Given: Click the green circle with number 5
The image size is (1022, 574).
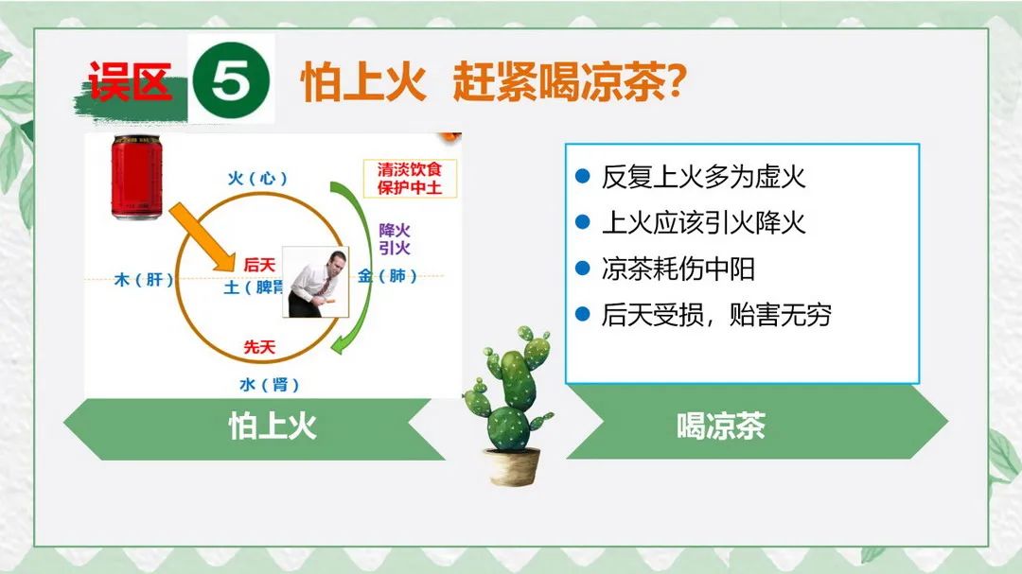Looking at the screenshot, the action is click(x=231, y=80).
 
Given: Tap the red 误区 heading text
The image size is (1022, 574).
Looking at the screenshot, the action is click(x=130, y=81).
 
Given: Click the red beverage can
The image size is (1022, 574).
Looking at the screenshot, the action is click(x=136, y=177).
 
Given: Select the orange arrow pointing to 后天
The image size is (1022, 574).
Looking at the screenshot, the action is click(x=203, y=236).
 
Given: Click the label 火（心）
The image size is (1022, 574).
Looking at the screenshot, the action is click(x=257, y=178).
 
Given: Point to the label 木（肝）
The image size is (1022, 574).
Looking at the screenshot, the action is click(x=144, y=280).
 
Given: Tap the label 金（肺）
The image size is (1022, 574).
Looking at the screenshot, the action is click(x=388, y=275).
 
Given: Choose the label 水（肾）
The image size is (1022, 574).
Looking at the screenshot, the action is click(x=270, y=385).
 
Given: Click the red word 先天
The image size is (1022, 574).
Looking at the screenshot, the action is click(x=259, y=347).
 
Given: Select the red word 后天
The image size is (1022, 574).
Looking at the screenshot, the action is click(x=259, y=265).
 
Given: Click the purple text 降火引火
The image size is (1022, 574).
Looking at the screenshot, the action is click(x=395, y=239).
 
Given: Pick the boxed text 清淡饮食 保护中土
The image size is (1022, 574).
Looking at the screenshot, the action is click(x=410, y=179).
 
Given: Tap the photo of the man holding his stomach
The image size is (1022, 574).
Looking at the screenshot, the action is click(x=315, y=282).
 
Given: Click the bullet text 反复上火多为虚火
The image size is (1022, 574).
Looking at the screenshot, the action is click(x=703, y=177).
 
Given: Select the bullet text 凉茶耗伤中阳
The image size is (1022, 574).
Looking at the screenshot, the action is click(x=678, y=269).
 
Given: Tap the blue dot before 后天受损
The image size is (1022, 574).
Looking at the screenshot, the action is click(x=583, y=314).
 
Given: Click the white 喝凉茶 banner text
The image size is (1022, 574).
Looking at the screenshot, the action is click(x=720, y=426).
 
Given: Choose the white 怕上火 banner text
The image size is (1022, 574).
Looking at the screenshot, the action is click(x=273, y=426).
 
